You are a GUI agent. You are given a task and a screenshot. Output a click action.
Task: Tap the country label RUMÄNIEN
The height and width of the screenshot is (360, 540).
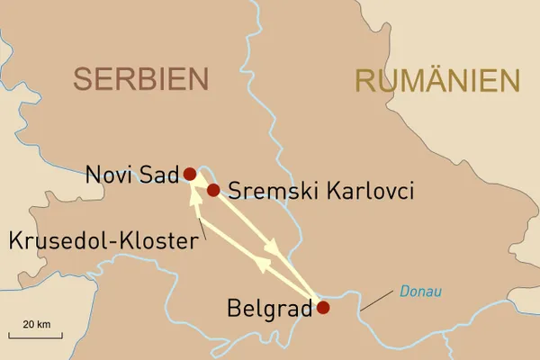pyautogui.click(x=437, y=80)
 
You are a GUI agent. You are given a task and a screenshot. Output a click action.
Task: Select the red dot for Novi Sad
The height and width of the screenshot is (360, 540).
pyautogui.click(x=190, y=174)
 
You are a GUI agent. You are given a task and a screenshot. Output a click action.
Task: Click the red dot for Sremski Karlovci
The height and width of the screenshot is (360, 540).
pyautogui.click(x=213, y=190)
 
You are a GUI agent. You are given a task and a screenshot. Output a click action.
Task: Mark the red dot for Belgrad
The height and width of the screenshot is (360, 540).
pyautogui.click(x=323, y=308)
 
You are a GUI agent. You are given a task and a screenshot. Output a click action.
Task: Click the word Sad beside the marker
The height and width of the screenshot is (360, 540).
pyautogui.click(x=158, y=175)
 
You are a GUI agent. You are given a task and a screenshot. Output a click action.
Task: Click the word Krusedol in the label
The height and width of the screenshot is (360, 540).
pyautogui.click(x=49, y=240)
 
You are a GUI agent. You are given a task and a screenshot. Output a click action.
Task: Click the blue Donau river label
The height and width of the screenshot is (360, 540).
pyautogui.click(x=422, y=291)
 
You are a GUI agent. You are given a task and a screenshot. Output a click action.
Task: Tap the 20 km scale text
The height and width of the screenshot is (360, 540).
pyautogui.click(x=36, y=323)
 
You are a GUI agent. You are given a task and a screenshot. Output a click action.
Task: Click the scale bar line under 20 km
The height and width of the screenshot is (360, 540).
pyautogui.click(x=36, y=335)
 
